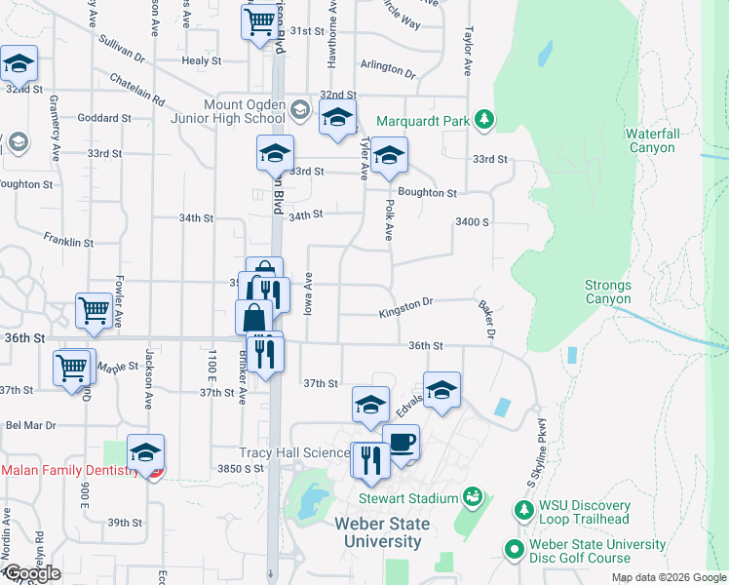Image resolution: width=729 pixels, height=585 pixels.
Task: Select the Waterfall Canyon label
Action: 650,140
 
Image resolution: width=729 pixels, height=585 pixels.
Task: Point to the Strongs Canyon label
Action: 608,292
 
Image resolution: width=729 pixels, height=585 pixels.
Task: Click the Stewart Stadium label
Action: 408,498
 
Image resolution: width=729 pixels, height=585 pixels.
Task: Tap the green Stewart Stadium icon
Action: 472,497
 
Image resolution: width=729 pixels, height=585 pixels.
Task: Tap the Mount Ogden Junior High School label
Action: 244,111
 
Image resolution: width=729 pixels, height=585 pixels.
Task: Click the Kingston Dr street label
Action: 405,309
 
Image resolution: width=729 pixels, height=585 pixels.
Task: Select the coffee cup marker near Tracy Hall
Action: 401,442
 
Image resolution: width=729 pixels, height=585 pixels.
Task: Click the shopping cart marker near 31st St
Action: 260,19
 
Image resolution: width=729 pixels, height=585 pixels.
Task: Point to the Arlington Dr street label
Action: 387,69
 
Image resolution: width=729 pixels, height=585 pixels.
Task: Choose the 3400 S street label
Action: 471,222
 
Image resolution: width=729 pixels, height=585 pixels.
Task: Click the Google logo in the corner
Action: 31,574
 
